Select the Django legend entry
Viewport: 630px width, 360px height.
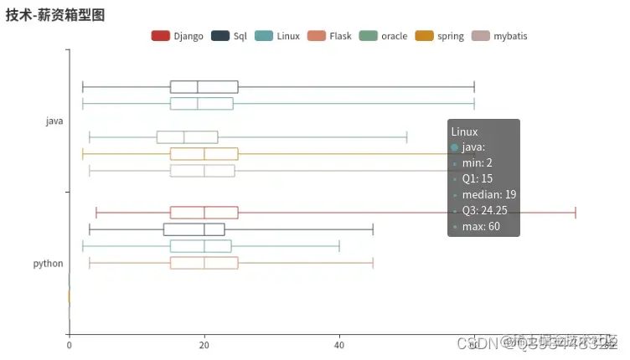[x=178, y=36]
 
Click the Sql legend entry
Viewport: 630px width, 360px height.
[x=230, y=36]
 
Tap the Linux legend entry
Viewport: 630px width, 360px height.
[x=277, y=36]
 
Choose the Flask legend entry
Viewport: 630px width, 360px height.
[x=329, y=36]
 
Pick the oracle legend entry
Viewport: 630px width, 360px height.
[x=383, y=36]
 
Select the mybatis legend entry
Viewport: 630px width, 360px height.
[x=499, y=36]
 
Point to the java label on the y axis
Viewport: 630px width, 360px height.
[x=54, y=121]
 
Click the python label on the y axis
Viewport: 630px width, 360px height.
[x=49, y=264]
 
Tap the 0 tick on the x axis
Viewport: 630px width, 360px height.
[x=69, y=343]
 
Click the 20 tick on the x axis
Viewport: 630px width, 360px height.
[x=204, y=343]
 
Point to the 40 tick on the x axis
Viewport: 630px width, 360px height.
[x=339, y=343]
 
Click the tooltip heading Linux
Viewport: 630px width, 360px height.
[x=464, y=131]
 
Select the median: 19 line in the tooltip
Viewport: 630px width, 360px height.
[x=488, y=195]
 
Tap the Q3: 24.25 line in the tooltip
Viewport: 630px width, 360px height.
[x=489, y=211]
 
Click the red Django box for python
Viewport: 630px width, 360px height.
[x=204, y=213]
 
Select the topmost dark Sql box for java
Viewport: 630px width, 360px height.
[x=204, y=87]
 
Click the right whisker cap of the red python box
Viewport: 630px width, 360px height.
[x=576, y=213]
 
